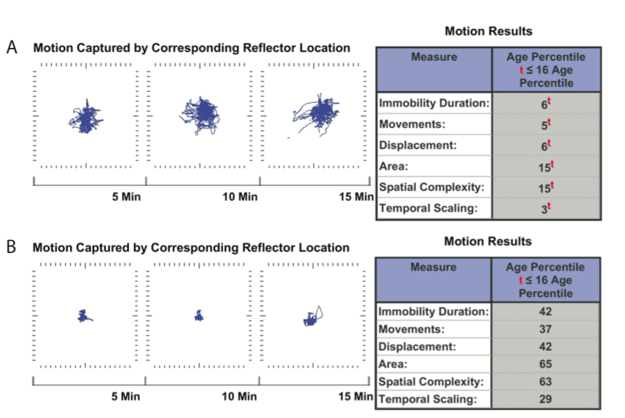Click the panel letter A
[11, 47]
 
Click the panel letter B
[11, 246]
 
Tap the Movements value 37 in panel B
[545, 329]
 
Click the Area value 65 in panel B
[545, 365]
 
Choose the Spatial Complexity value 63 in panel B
[545, 382]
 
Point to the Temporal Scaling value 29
[545, 399]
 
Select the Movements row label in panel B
[411, 329]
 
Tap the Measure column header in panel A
[434, 57]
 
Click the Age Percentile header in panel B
[545, 279]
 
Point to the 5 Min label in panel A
[126, 197]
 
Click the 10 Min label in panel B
[239, 396]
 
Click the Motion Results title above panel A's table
[488, 31]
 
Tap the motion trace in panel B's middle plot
[199, 315]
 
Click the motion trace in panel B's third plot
[312, 317]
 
